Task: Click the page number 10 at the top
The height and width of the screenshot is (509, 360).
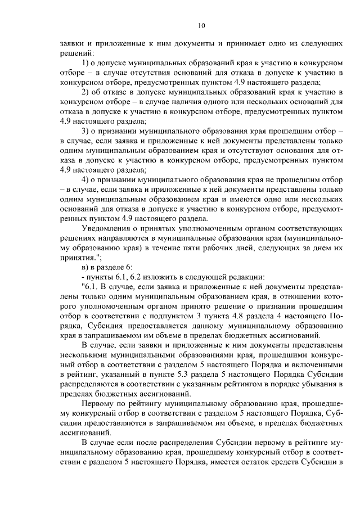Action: [202, 25]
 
